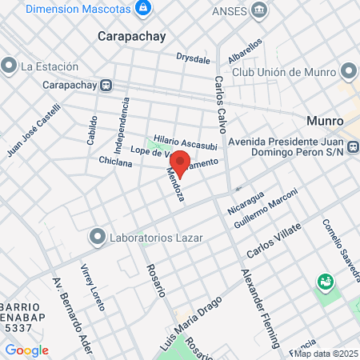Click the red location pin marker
(x=180, y=162)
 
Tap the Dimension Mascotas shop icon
(x=143, y=9)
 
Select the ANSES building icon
(x=260, y=10)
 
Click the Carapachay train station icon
(x=106, y=84)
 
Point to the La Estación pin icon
(x=10, y=65)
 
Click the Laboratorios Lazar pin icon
(x=98, y=237)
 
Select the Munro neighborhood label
(x=325, y=122)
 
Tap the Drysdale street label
(x=194, y=58)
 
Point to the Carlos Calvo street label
(x=220, y=104)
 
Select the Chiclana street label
(x=115, y=162)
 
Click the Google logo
(x=26, y=350)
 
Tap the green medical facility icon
(x=326, y=282)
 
